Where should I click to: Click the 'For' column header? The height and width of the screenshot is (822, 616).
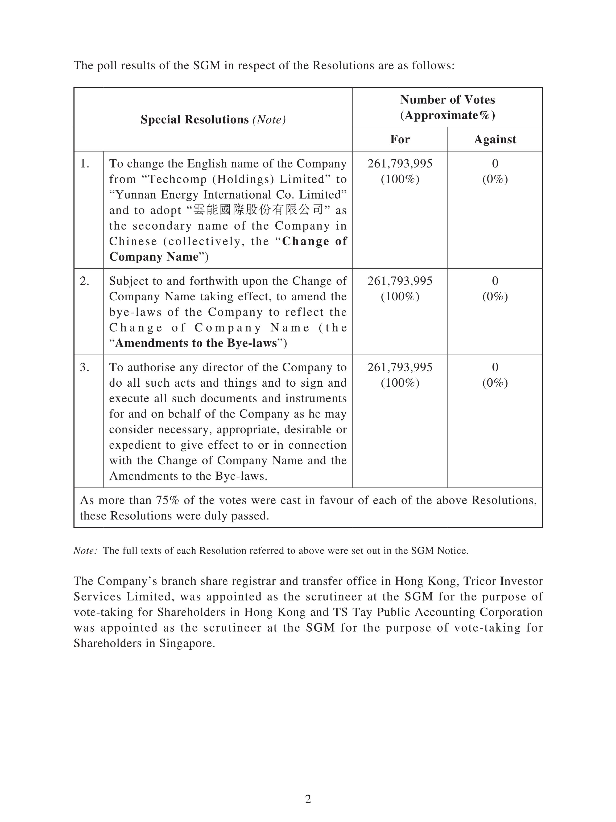(400, 139)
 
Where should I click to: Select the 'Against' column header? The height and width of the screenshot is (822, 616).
(495, 139)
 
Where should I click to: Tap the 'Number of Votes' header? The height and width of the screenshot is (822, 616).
(447, 100)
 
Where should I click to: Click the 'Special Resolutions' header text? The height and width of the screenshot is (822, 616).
(194, 120)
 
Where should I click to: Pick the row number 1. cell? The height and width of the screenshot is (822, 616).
(85, 164)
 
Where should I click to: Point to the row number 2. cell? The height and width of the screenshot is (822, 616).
(85, 281)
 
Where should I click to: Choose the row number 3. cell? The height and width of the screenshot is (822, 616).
(85, 367)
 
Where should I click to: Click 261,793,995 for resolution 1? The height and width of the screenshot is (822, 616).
(400, 164)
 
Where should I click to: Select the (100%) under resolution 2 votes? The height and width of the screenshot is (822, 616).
(400, 297)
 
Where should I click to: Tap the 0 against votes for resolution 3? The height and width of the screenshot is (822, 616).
(495, 367)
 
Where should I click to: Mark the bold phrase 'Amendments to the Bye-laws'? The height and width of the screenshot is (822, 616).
(196, 343)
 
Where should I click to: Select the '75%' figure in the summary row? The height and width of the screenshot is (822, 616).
(167, 500)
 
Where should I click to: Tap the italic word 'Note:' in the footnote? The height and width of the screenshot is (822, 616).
(85, 550)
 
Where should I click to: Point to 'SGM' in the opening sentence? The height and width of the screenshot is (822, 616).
(206, 66)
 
